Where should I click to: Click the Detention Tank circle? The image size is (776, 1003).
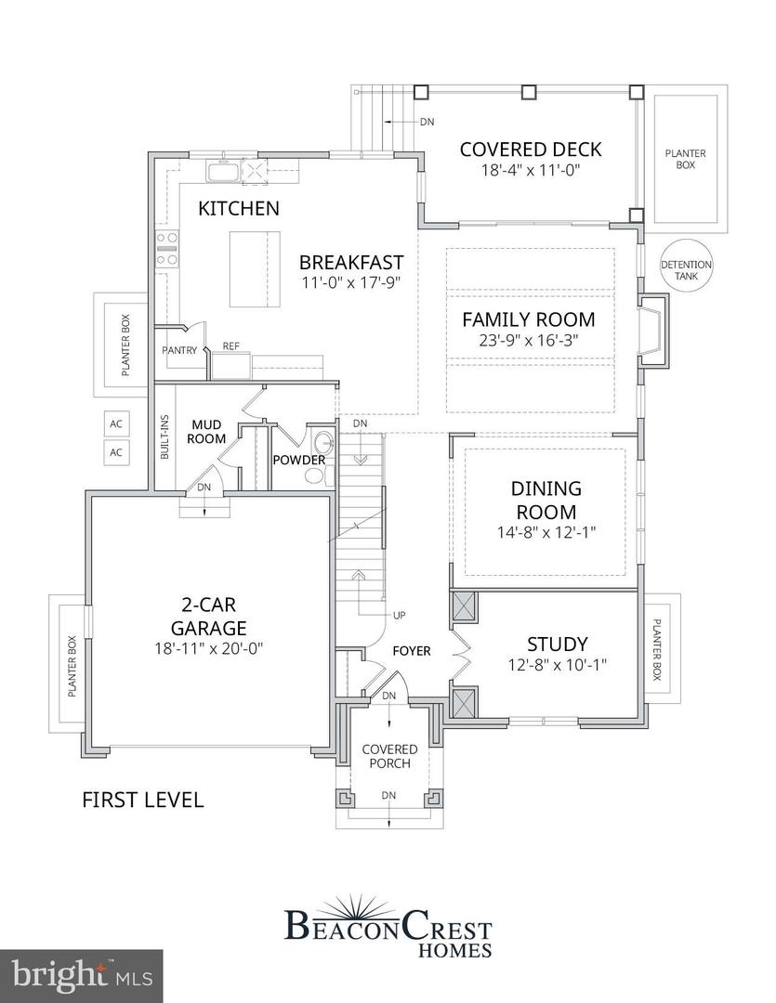point(686,266)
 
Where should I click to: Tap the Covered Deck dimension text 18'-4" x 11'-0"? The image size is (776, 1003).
point(531,171)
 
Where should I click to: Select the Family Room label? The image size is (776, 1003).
point(529,319)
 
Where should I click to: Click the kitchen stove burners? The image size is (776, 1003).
point(167,250)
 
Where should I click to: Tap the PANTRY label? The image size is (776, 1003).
point(179,350)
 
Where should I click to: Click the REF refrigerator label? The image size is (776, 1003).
point(231,345)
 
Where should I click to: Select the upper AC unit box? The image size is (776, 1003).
point(116,423)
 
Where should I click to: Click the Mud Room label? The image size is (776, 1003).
point(208,432)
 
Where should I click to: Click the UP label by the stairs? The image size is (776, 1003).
point(400,616)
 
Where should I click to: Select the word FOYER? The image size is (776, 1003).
point(411,651)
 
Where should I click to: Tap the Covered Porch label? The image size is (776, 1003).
point(389,756)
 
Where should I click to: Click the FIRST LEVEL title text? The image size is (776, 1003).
point(142,800)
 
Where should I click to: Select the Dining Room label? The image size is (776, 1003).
point(546,500)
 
